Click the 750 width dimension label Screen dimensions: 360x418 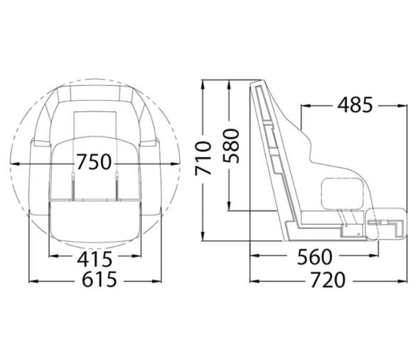(95, 162)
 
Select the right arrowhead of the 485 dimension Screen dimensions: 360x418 (402, 105)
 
